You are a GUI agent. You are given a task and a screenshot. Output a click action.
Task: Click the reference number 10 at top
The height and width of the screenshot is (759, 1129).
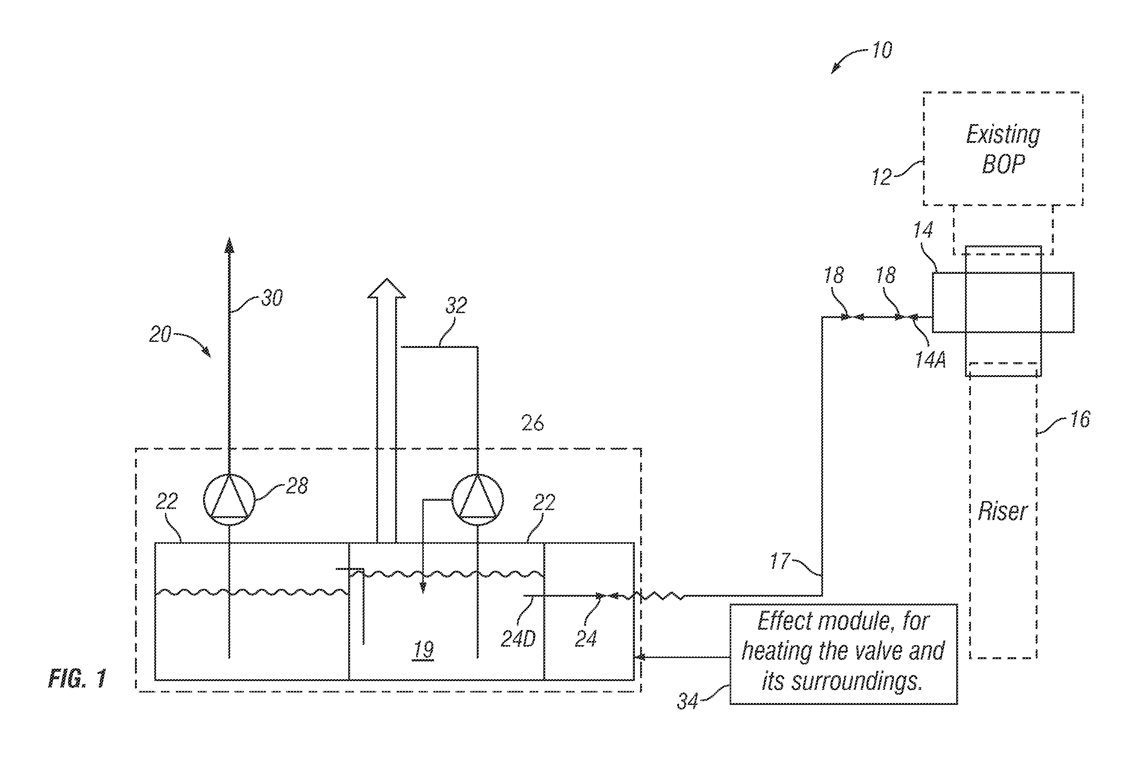882,50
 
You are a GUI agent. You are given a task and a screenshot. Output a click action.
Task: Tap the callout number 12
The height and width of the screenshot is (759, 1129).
882,177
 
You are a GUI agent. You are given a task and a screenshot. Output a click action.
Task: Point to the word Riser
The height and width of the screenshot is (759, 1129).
1002,511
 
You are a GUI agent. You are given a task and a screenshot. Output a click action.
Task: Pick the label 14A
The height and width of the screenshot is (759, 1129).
930,360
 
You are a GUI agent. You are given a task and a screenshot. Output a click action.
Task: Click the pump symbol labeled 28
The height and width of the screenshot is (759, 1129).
229,500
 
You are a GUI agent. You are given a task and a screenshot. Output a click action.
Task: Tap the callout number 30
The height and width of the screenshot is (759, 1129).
272,298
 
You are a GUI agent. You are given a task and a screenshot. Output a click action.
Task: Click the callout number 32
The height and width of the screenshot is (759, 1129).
456,306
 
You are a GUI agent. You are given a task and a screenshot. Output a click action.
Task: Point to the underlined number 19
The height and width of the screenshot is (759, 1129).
424,650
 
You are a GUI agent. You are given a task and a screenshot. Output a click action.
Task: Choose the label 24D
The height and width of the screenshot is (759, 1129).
518,639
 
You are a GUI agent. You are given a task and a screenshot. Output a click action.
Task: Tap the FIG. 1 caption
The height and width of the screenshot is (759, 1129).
78,679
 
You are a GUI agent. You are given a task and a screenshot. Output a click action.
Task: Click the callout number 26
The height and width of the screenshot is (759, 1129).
532,423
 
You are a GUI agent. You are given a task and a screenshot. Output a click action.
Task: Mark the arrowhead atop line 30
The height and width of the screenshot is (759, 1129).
230,245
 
